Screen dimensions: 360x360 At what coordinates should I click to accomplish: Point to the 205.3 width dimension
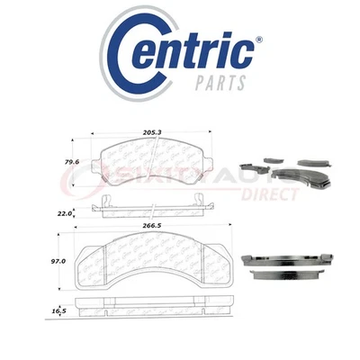pyautogui.click(x=148, y=130)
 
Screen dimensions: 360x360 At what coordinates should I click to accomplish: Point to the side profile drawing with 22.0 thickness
pyautogui.click(x=149, y=210)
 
